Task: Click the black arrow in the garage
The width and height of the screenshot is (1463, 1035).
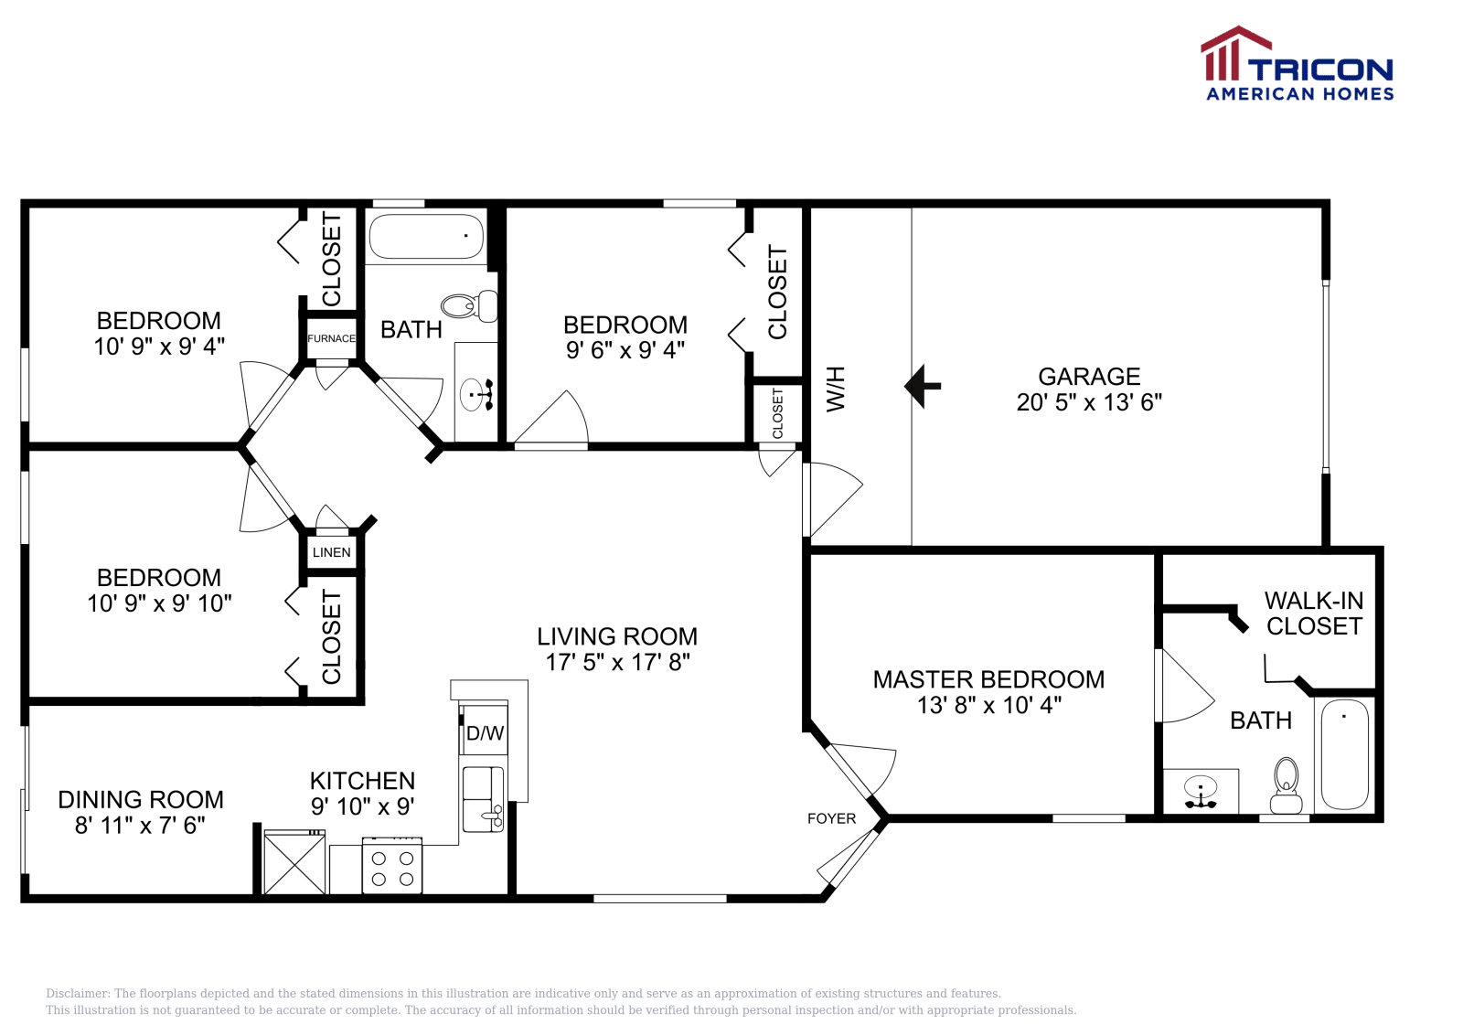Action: click(922, 386)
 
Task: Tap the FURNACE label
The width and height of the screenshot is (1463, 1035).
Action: click(331, 338)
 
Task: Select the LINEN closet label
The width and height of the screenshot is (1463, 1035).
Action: click(331, 552)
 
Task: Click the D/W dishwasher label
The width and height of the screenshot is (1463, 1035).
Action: click(485, 733)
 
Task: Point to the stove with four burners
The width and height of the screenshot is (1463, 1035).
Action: click(392, 865)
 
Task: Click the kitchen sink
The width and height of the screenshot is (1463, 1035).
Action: click(484, 799)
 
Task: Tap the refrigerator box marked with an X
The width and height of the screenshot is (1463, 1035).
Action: click(294, 862)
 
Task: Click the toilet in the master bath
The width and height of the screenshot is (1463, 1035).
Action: click(1286, 785)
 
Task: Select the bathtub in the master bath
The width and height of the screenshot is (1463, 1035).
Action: click(1345, 755)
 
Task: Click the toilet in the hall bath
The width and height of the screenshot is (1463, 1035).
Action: click(469, 305)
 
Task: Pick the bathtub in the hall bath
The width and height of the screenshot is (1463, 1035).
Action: click(426, 237)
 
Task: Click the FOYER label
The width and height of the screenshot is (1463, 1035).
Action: click(831, 818)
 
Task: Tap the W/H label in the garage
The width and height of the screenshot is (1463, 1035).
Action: click(836, 389)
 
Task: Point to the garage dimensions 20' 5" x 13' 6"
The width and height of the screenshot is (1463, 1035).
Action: click(1089, 402)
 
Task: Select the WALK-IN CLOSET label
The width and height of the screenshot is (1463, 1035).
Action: click(1314, 614)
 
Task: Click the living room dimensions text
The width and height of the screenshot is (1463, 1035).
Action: click(617, 662)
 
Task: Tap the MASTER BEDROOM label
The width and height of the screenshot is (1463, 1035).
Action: click(988, 679)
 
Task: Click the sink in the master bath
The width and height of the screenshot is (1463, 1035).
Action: click(1201, 792)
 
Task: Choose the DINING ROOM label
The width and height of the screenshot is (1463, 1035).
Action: click(141, 800)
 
